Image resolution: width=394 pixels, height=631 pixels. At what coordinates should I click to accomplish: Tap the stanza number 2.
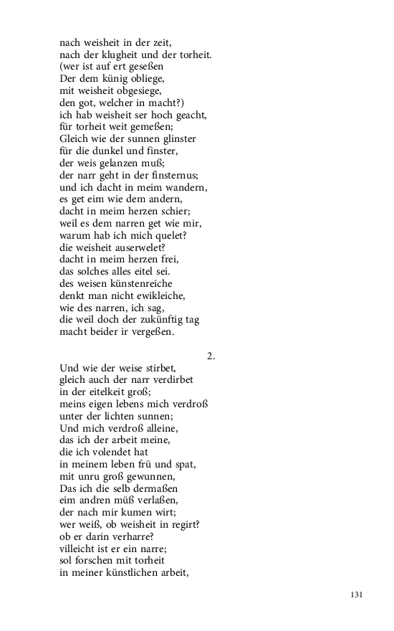pyautogui.click(x=211, y=356)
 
